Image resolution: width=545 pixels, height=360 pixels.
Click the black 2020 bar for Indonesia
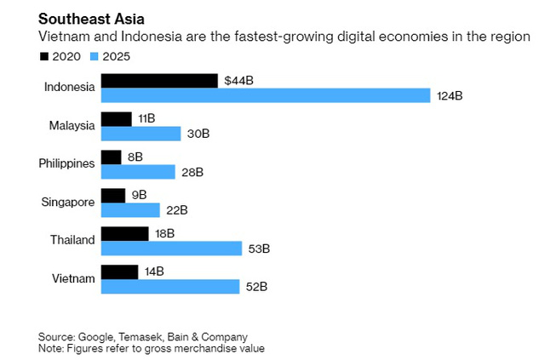(x=159, y=81)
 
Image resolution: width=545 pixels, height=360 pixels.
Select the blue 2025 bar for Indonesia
(x=266, y=95)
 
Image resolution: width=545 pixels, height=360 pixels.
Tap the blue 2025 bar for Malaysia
(x=141, y=134)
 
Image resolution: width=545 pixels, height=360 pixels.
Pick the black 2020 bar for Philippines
(x=112, y=157)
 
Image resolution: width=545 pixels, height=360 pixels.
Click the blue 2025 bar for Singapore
(x=130, y=210)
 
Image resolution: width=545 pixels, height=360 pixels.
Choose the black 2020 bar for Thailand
(x=124, y=234)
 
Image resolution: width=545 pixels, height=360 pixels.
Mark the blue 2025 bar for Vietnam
(x=170, y=287)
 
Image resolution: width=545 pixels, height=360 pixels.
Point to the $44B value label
(x=238, y=81)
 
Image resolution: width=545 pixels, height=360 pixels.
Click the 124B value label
(x=449, y=96)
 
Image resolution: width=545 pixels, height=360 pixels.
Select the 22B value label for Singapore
(x=176, y=210)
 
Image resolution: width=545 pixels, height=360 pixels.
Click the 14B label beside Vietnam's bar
(x=154, y=272)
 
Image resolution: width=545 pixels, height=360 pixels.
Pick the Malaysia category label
(x=72, y=126)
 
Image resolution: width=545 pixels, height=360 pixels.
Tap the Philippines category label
(x=67, y=164)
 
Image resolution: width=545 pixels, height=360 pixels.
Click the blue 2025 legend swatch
(x=95, y=56)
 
